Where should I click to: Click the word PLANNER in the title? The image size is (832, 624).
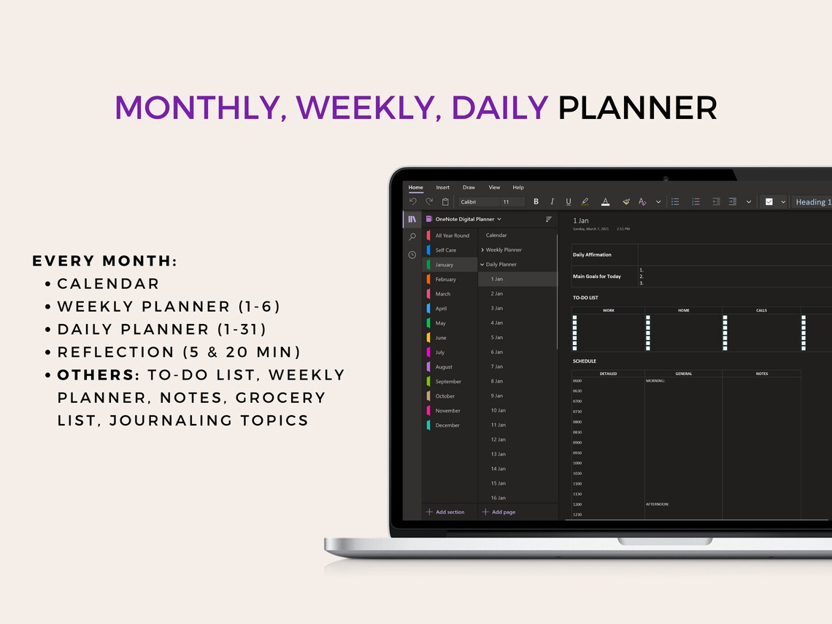tap(637, 108)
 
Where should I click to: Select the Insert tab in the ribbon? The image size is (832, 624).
tap(443, 188)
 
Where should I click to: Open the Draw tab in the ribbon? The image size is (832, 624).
tap(469, 188)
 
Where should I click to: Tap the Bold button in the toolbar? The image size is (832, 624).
tap(536, 202)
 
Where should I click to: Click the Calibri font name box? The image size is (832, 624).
tap(477, 202)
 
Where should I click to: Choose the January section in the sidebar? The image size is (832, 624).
tap(444, 265)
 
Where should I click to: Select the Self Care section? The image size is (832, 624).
tap(445, 250)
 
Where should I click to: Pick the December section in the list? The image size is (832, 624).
tap(447, 425)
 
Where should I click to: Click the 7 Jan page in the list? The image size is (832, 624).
tap(497, 366)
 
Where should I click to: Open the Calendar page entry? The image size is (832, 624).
tap(496, 236)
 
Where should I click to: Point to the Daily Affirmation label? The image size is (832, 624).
tap(592, 255)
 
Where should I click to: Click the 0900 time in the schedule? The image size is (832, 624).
tap(577, 442)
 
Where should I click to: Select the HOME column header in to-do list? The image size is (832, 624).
tap(683, 310)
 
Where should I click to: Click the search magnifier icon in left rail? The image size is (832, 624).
tap(412, 236)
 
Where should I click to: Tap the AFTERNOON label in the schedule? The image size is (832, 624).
tap(657, 504)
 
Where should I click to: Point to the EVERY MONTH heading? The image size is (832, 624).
tap(105, 261)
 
